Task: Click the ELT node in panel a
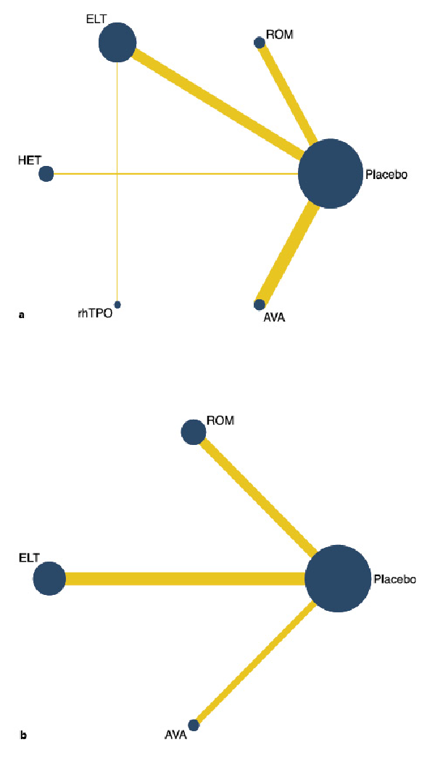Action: click(x=117, y=42)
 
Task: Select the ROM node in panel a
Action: click(x=259, y=43)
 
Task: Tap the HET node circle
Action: click(x=46, y=174)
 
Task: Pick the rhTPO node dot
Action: click(x=117, y=304)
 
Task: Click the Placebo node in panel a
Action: click(x=330, y=174)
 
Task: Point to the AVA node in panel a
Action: click(x=260, y=304)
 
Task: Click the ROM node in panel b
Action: click(x=193, y=432)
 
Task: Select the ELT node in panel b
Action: click(x=49, y=580)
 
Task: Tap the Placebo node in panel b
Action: click(x=337, y=580)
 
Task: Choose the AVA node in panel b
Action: click(x=194, y=725)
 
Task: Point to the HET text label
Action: click(x=29, y=160)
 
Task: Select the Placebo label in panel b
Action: click(x=394, y=580)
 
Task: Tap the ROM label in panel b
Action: click(x=220, y=421)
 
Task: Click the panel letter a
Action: click(x=22, y=315)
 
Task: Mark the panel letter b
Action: click(x=23, y=736)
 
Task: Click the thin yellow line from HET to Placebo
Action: click(x=174, y=174)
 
